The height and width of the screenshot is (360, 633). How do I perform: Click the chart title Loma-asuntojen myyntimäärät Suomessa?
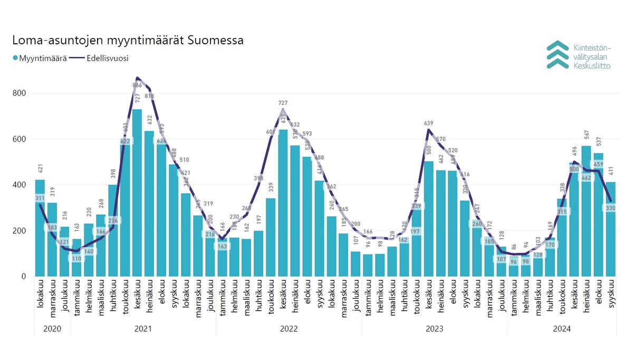tap(128, 41)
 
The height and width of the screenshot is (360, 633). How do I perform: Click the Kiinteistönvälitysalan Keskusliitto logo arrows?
tap(558, 54)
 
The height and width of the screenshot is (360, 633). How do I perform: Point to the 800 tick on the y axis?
tap(21, 93)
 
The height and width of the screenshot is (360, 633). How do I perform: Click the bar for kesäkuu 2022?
tap(282, 203)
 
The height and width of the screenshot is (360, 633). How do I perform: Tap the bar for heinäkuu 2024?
tap(586, 211)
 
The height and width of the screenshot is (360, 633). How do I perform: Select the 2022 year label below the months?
tap(289, 328)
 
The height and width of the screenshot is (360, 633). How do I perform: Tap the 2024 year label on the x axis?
tap(562, 328)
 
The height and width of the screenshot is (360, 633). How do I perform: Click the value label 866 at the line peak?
tap(137, 86)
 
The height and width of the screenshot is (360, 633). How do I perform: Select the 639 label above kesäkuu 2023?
tap(428, 124)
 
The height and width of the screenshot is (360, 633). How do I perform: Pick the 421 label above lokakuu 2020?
tap(40, 169)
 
